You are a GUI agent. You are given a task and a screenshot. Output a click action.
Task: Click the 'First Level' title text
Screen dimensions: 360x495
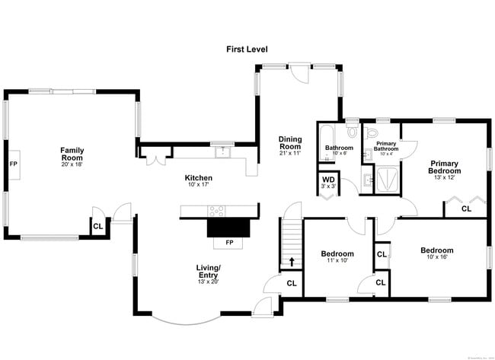(x=247, y=49)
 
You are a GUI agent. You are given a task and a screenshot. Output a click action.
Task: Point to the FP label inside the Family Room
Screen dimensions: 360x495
(x=13, y=164)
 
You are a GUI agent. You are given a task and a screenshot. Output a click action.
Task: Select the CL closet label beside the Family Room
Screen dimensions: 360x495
(x=97, y=226)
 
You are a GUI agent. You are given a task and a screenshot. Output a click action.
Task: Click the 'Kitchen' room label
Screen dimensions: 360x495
(x=198, y=177)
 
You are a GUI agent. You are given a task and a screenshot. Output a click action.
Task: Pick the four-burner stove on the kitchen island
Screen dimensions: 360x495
(x=217, y=211)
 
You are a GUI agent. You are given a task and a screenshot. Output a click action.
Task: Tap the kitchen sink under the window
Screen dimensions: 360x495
(x=222, y=152)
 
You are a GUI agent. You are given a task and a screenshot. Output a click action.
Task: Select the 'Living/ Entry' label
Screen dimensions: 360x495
(x=209, y=272)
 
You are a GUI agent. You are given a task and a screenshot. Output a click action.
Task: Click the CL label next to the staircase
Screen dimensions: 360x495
(x=292, y=284)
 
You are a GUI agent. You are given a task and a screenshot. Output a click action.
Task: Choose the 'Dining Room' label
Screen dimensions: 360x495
(x=290, y=142)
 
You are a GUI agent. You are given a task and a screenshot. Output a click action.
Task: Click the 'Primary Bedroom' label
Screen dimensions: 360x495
(x=445, y=167)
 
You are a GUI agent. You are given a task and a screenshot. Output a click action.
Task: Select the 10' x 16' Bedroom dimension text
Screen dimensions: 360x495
(x=437, y=257)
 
